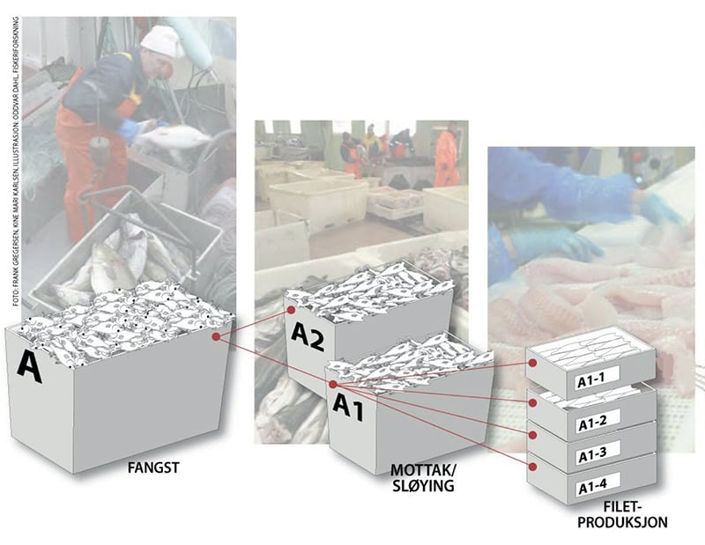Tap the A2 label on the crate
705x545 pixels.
308,335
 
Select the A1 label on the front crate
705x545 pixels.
350,407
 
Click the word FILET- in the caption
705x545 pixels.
628,507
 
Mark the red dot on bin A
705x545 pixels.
216,336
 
